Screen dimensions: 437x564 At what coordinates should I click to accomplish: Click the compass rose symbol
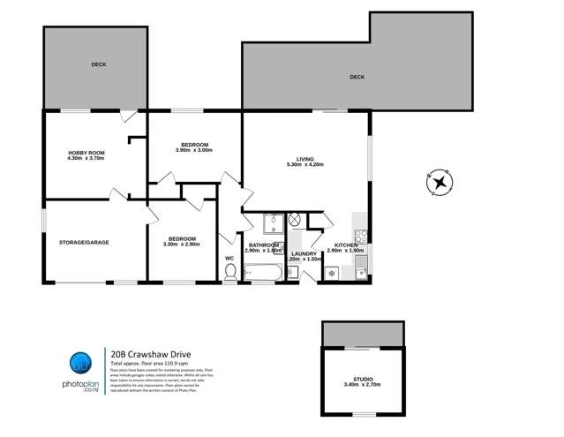point(440,184)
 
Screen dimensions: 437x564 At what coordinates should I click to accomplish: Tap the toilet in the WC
point(230,275)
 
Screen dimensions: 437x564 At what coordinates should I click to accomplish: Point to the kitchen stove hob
point(359,236)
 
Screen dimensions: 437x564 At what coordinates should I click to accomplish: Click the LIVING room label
point(305,159)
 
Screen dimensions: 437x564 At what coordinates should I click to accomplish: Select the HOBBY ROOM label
point(86,153)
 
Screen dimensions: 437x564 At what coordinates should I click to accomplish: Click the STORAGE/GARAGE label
point(84,241)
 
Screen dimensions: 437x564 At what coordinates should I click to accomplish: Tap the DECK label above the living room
point(357,78)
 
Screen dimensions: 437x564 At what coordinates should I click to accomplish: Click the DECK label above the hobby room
point(97,64)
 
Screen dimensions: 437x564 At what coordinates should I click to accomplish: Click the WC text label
point(229,258)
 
